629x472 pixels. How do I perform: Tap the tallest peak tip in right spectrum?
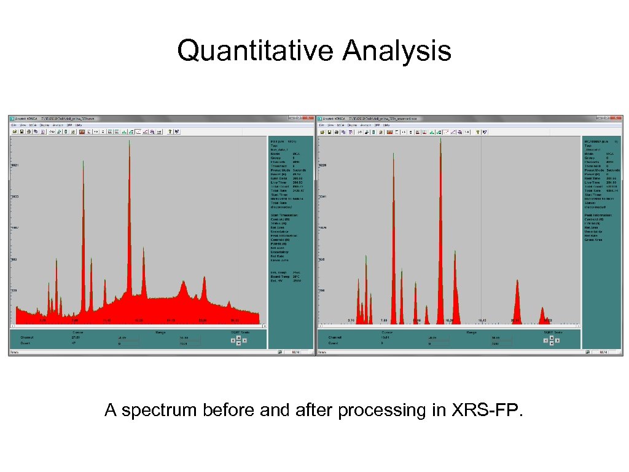click(440, 139)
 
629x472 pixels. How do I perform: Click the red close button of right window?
click(618, 118)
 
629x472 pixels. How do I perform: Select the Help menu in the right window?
click(385, 125)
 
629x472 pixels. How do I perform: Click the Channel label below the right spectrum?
click(335, 337)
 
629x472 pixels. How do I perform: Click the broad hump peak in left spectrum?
click(183, 284)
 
